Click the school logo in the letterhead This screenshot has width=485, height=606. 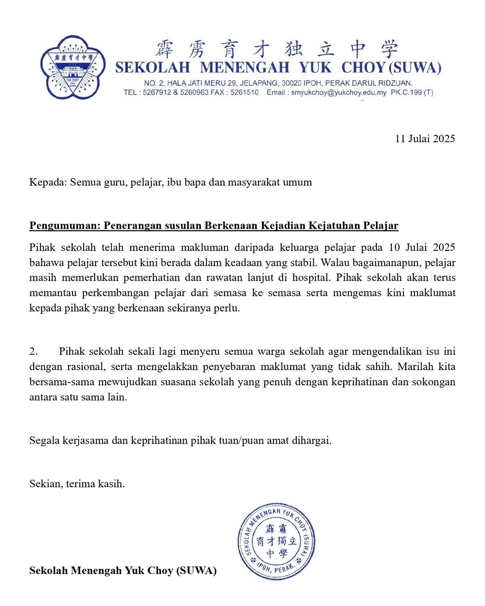pyautogui.click(x=73, y=67)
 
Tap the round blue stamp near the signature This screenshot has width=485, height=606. pyautogui.click(x=276, y=541)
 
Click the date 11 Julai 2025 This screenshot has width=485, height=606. pyautogui.click(x=425, y=139)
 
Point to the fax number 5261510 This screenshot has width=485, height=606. pyautogui.click(x=245, y=93)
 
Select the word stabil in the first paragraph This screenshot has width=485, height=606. pyautogui.click(x=304, y=263)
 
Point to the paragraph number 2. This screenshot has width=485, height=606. pyautogui.click(x=34, y=351)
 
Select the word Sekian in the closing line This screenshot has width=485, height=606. pyautogui.click(x=45, y=484)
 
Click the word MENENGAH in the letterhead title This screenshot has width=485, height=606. pyautogui.click(x=245, y=67)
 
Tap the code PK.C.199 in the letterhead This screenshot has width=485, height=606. pyautogui.click(x=406, y=93)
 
